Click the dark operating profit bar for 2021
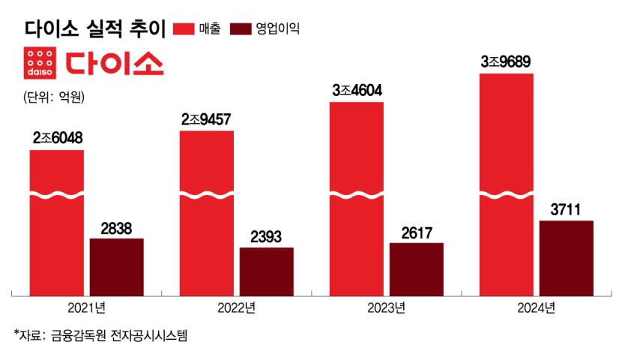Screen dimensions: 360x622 coord(117,267)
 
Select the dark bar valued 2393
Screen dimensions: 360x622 coord(267,271)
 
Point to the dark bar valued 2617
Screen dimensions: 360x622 coord(417,269)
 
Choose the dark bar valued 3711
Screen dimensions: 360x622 coord(567,258)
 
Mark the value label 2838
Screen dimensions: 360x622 coord(117,228)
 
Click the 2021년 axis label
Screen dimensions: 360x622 coord(87,306)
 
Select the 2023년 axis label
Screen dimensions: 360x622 coord(387,306)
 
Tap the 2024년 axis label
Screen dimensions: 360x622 coord(537,306)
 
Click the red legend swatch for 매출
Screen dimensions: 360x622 coord(184,28)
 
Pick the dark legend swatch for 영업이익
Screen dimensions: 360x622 coord(240,28)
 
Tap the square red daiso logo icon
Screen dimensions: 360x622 coord(39,63)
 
